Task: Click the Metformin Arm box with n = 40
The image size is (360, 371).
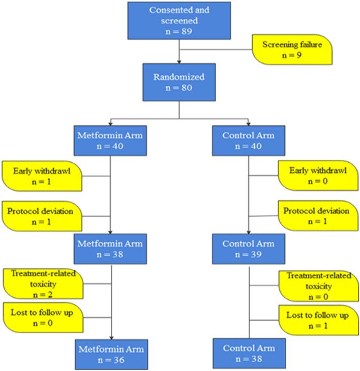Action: coord(110,141)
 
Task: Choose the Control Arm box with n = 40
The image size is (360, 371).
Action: coord(248,141)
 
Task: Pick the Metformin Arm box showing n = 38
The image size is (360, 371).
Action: coord(110,249)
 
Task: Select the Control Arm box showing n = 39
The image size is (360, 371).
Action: coord(248,249)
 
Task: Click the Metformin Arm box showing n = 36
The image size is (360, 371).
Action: coord(110,355)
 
